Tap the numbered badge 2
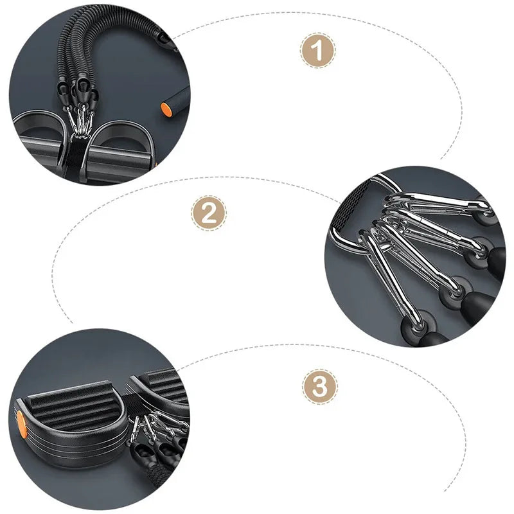click(209, 213)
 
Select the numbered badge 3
click(319, 387)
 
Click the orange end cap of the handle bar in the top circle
click(166, 107)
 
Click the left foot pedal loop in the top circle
click(35, 138)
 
